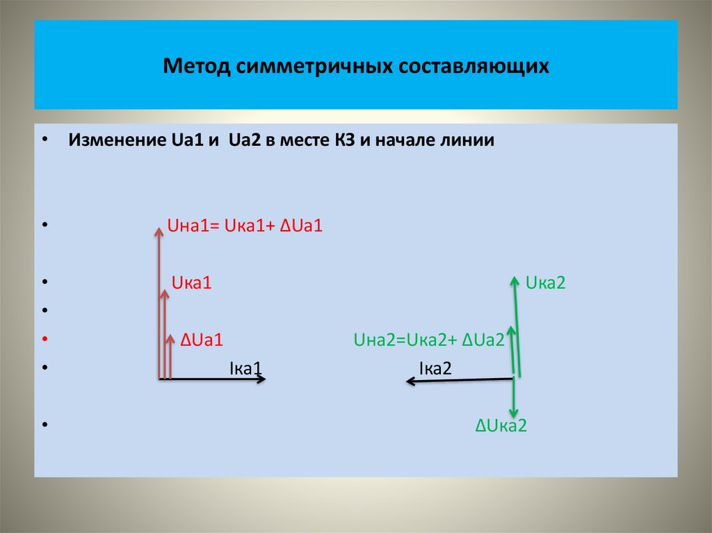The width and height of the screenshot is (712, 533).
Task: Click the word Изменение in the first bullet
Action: tap(113, 140)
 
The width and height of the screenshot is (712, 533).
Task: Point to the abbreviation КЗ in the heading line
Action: tap(344, 140)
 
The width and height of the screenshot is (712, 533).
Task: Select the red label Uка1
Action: tap(191, 283)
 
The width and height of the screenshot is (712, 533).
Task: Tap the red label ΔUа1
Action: tap(201, 340)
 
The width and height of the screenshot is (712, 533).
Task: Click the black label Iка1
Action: tap(245, 368)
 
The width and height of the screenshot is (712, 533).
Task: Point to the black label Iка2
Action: tap(435, 368)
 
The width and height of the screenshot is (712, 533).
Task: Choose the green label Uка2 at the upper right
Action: tap(546, 283)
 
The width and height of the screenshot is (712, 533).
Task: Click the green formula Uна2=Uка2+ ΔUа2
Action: tap(429, 340)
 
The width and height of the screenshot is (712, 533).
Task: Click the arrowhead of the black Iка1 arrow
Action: tap(261, 379)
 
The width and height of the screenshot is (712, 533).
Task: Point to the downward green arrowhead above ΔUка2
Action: tap(513, 413)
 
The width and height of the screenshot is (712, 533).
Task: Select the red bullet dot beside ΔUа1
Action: tap(44, 340)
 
